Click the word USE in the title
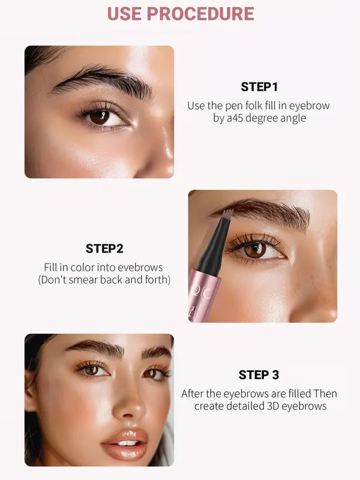[124, 13]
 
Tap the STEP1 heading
[259, 86]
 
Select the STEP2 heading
[104, 248]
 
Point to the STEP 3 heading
[259, 375]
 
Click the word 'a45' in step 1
[235, 118]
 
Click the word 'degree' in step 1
[263, 118]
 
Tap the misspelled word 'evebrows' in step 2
[142, 268]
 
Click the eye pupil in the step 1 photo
[99, 117]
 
